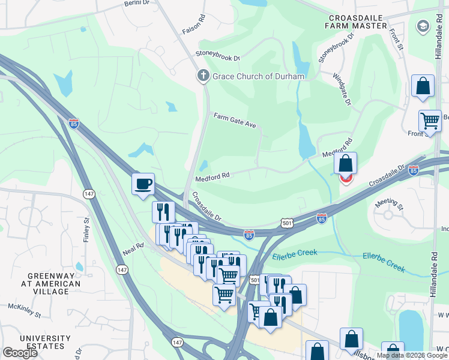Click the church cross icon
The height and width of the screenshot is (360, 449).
click(203, 76)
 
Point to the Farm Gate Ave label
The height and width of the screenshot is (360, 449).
click(235, 120)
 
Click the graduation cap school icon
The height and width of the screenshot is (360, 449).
click(423, 26)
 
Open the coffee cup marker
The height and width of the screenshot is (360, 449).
click(143, 184)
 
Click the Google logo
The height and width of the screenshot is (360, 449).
click(20, 353)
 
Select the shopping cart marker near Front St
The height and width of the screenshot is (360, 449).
click(430, 121)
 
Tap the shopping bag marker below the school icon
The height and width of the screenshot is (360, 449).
click(423, 85)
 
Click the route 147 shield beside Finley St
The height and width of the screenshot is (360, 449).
click(88, 194)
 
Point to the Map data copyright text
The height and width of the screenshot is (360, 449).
click(412, 355)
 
